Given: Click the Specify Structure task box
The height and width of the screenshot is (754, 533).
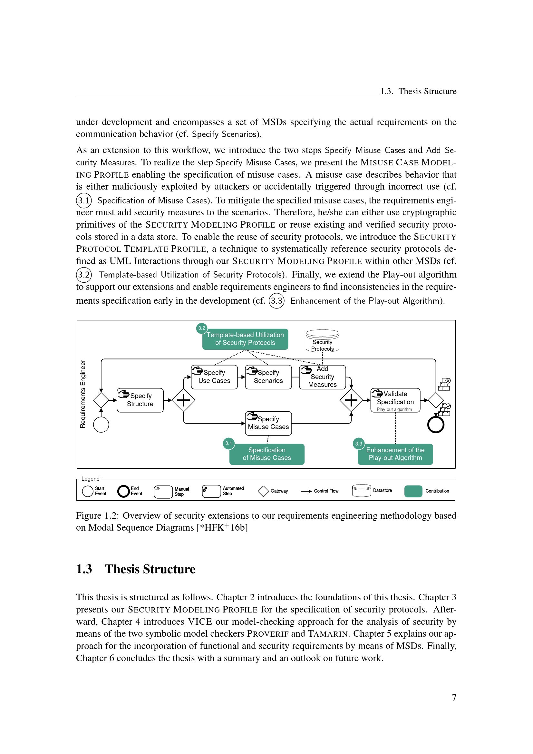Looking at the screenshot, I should tap(140, 400).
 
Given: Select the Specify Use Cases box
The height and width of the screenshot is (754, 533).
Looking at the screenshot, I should tap(214, 377).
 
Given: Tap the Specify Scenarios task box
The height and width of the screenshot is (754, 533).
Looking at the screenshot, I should tap(268, 377).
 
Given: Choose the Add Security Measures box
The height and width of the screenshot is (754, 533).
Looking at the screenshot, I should tap(322, 377).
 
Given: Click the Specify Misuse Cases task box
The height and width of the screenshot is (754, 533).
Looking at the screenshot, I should tap(268, 423).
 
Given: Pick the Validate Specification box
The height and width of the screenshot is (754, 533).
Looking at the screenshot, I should tap(395, 400).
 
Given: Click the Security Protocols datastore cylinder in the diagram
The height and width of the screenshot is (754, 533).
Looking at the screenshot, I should tap(322, 341).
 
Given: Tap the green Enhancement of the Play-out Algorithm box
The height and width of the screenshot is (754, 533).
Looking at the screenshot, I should tap(395, 454).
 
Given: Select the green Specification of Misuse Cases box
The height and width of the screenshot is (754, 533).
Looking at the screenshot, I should tap(267, 454).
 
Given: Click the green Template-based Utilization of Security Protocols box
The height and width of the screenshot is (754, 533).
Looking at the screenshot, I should tap(245, 339).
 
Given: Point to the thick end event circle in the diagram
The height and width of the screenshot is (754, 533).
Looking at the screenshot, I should tap(436, 425).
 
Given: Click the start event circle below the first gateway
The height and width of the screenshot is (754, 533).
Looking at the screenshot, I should tap(101, 425).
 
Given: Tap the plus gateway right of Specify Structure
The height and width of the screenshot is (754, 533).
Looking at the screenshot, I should tap(183, 400).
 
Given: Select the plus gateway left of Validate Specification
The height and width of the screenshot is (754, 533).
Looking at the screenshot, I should tap(351, 400).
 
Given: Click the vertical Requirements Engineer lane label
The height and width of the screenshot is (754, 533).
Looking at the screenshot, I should tap(83, 394).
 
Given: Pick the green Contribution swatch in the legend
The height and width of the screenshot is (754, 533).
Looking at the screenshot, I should tap(413, 491).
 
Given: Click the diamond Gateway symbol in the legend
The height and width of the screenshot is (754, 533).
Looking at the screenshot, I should tap(263, 491).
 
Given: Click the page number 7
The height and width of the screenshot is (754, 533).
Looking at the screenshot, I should tap(454, 698).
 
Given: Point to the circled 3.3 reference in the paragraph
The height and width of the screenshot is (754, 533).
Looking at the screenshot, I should tap(277, 301).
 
